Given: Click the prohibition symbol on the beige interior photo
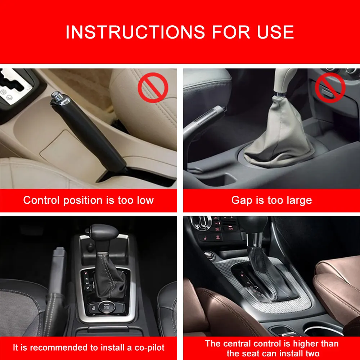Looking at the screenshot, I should click(x=153, y=87).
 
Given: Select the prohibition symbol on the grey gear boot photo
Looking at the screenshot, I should click(x=330, y=87).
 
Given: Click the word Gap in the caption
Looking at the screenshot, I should click(x=242, y=200).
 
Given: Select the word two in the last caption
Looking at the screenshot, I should click(x=311, y=354).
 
